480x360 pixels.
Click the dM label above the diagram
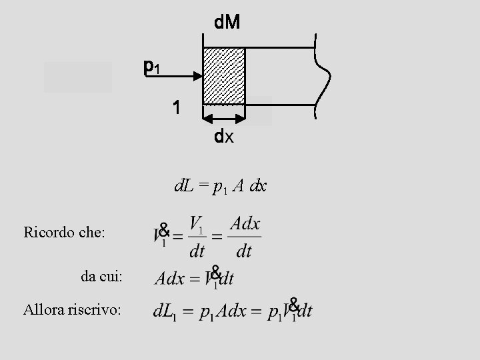pos(227,23)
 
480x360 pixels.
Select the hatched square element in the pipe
pos(224,75)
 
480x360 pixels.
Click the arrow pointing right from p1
pos(180,75)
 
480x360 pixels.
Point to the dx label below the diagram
pos(224,137)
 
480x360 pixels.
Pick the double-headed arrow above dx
pos(224,119)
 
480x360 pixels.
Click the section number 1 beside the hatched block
pos(175,107)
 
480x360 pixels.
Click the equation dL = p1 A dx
pos(220,187)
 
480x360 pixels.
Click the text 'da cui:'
pos(102,276)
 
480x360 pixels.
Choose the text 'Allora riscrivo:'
pos(72,309)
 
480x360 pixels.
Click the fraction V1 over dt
pos(197,237)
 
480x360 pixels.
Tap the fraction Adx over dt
pos(245,237)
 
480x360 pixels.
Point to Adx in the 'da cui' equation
pos(169,278)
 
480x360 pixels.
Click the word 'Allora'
pos(42,309)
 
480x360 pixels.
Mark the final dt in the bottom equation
pos(304,311)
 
